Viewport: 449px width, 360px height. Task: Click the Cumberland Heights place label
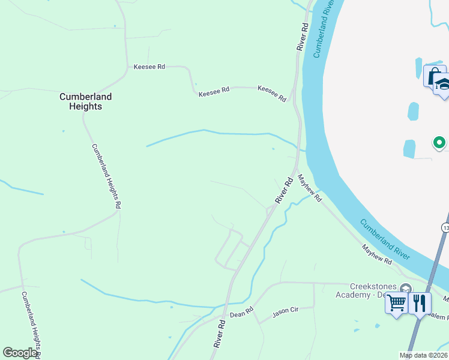[x=85, y=101]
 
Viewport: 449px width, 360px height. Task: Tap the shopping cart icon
[x=397, y=303]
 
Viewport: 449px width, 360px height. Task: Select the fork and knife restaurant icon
[x=420, y=303]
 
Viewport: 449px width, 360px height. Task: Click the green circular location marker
[x=439, y=143]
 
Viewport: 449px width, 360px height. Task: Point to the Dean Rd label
[x=242, y=313]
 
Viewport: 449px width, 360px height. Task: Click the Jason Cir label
[x=285, y=313]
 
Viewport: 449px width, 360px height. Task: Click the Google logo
[x=20, y=352]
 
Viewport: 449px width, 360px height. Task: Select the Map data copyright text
[x=424, y=355]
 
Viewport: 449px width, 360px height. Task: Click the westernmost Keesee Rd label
[x=149, y=67]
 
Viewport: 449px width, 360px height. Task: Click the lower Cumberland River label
[x=385, y=239]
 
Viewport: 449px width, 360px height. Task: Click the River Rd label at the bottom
[x=220, y=334]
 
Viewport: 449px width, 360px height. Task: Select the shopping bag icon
[x=432, y=76]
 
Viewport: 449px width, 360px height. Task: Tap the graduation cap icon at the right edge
[x=442, y=85]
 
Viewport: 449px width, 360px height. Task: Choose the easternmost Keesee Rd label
[x=272, y=93]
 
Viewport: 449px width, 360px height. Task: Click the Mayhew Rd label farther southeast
[x=377, y=254]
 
